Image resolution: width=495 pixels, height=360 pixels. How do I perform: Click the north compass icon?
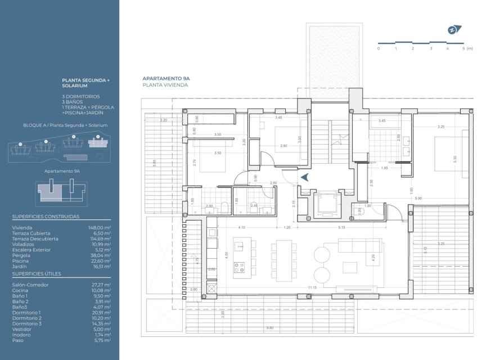pos(453,30)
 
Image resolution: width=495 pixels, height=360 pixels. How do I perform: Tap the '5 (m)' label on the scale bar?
pos(467,49)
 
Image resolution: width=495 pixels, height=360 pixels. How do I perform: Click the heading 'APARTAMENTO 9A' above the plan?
pos(166,79)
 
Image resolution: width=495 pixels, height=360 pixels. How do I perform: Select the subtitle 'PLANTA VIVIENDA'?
pos(165,85)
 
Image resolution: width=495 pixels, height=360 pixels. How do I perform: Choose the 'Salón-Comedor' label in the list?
pos(26,285)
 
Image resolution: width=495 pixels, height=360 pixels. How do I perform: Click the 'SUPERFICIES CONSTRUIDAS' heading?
pos(46,217)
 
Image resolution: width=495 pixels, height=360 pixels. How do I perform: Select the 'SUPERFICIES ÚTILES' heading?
pos(37,274)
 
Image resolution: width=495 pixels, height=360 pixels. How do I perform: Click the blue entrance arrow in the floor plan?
pos(304,178)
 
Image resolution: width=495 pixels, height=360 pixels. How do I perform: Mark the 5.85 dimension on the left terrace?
pos(154,162)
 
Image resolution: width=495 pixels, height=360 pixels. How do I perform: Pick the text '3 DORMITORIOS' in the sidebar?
pos(81,96)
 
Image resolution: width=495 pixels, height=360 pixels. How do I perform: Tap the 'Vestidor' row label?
pos(21,329)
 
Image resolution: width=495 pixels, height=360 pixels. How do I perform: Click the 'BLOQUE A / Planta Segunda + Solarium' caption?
pos(65,125)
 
